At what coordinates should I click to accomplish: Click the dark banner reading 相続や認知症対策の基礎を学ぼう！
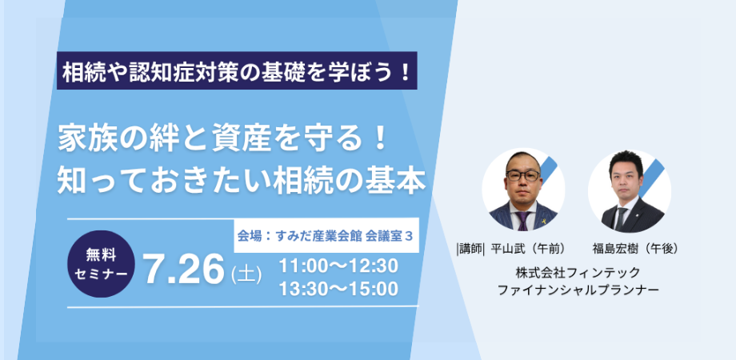pos(237,70)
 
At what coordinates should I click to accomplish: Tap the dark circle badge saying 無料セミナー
pos(102,264)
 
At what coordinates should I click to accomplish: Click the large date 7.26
pos(184,271)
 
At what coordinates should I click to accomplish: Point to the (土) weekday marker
pos(246,274)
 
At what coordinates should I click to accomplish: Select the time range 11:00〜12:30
pos(338,266)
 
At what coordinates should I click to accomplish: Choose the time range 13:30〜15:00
pos(338,289)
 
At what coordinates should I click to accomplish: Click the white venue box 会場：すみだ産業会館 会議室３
pos(326,235)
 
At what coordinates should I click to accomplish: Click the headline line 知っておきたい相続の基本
pos(242,181)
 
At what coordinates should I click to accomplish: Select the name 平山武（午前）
pos(527,250)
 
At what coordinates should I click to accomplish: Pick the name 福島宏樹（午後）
pos(635,250)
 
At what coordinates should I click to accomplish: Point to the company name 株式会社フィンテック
pos(578,272)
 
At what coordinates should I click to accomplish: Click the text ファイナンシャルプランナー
pos(578,290)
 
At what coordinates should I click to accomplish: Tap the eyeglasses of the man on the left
pos(523,175)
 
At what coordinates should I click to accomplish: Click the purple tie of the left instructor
pos(522,220)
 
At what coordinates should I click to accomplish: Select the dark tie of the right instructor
pos(622,218)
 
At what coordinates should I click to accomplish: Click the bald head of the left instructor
pos(523,162)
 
